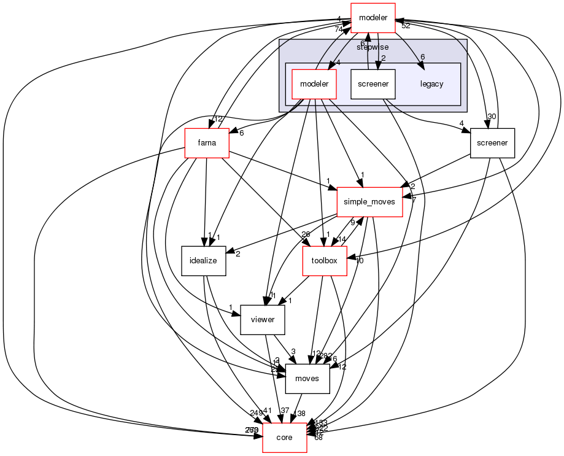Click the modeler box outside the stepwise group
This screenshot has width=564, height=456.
click(x=373, y=18)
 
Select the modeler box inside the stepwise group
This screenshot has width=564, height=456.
click(x=314, y=83)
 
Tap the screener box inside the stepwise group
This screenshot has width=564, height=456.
click(x=373, y=83)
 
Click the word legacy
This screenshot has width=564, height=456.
click(x=431, y=84)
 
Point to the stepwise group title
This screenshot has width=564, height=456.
click(x=373, y=47)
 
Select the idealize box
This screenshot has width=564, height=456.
click(x=203, y=260)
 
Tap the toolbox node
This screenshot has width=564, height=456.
click(x=325, y=260)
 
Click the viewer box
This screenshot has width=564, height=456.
click(x=262, y=319)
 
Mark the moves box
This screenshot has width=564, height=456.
click(x=307, y=378)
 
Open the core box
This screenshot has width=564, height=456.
click(x=284, y=437)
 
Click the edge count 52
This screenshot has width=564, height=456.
click(x=406, y=26)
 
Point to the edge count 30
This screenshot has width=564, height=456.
click(x=491, y=117)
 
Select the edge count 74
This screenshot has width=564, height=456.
click(x=338, y=29)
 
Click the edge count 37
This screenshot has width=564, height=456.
click(x=284, y=410)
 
